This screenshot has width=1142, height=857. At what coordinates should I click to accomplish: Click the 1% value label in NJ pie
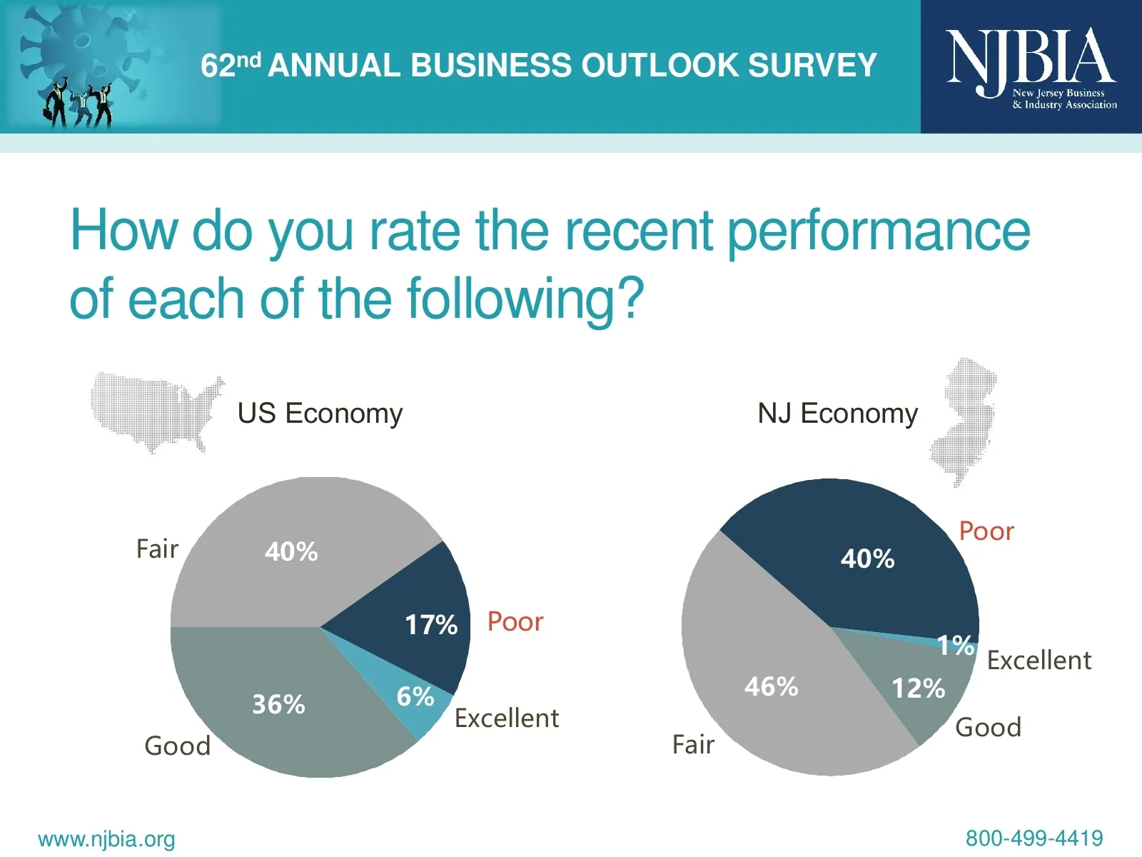955,646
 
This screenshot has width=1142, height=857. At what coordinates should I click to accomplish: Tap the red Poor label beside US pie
515,621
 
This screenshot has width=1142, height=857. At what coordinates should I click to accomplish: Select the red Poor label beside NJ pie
986,531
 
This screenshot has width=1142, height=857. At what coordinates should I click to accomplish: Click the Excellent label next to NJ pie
1039,661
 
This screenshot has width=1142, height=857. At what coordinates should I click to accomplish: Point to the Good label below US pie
177,746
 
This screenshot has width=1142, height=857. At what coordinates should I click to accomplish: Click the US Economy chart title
320,414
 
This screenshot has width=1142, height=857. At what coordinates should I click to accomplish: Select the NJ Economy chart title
837,414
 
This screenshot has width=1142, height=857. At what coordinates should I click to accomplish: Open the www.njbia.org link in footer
106,839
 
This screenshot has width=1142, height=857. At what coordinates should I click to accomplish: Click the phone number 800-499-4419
1034,838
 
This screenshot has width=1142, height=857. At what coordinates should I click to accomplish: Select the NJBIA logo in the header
1031,67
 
